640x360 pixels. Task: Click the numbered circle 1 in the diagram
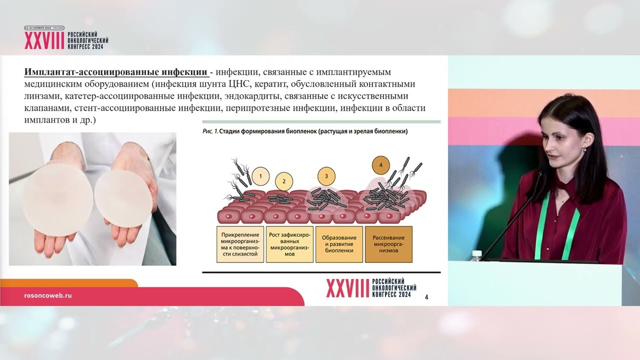point(260,176)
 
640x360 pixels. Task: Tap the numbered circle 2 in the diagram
point(284,181)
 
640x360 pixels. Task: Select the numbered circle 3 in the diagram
point(326,176)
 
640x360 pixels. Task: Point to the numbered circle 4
point(381,165)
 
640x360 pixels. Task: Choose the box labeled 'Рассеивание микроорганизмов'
point(389,244)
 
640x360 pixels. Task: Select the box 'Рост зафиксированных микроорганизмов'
point(289,244)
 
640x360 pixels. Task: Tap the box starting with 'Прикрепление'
point(240,244)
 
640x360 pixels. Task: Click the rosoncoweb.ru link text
point(48,295)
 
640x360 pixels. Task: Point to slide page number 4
point(426,297)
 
